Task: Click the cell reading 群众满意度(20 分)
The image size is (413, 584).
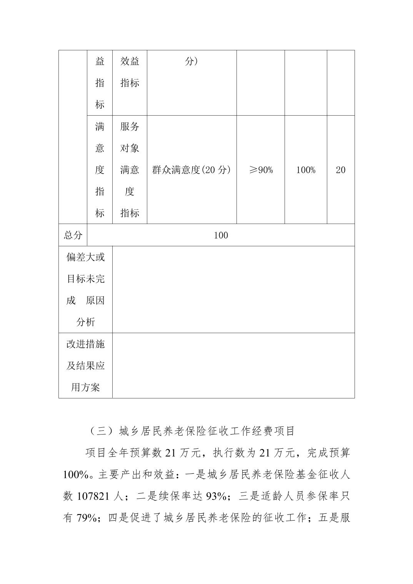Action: (191, 170)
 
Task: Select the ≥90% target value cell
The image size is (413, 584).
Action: (261, 170)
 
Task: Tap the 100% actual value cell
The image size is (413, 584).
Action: (306, 170)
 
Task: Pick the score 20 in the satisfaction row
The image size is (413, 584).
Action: (341, 170)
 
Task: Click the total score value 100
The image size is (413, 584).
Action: (221, 235)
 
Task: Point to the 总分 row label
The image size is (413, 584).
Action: (73, 235)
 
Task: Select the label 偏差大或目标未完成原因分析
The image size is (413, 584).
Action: (85, 289)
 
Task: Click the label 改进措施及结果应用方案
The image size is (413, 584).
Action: (85, 365)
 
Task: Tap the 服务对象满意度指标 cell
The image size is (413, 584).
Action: (130, 170)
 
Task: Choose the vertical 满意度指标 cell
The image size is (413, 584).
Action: (100, 170)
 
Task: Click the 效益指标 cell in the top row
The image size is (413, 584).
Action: (130, 72)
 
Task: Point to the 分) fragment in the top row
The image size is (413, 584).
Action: (191, 61)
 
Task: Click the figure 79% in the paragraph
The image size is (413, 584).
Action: (86, 518)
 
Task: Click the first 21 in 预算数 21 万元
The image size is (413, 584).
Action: (170, 453)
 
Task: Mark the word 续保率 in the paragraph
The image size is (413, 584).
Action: (170, 496)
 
